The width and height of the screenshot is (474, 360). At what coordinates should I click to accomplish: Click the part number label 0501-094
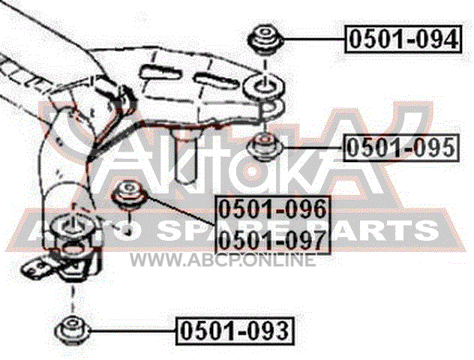[x=403, y=40]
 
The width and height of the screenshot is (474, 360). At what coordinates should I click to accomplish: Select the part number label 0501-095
[x=400, y=148]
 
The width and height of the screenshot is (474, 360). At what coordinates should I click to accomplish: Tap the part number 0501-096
[x=273, y=209]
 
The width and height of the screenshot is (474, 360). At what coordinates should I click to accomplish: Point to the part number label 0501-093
[x=235, y=331]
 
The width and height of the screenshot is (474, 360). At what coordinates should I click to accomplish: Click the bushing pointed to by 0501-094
[x=265, y=40]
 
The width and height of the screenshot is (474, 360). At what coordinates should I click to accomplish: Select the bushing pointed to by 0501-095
[x=265, y=146]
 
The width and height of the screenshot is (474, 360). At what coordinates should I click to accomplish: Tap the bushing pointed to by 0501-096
[x=130, y=194]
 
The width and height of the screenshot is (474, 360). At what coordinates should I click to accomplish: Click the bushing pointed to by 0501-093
[x=72, y=330]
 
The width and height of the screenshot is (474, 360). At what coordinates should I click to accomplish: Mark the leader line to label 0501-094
[x=313, y=39]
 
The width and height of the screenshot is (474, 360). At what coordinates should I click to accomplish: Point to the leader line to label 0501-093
[x=133, y=331]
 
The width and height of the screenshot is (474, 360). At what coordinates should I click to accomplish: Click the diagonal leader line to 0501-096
[x=181, y=210]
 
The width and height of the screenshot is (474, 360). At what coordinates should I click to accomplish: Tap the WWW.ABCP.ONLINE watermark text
[x=223, y=260]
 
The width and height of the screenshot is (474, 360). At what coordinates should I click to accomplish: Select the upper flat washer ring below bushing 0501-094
[x=263, y=87]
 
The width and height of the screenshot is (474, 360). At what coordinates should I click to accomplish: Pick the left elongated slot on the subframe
[x=161, y=73]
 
